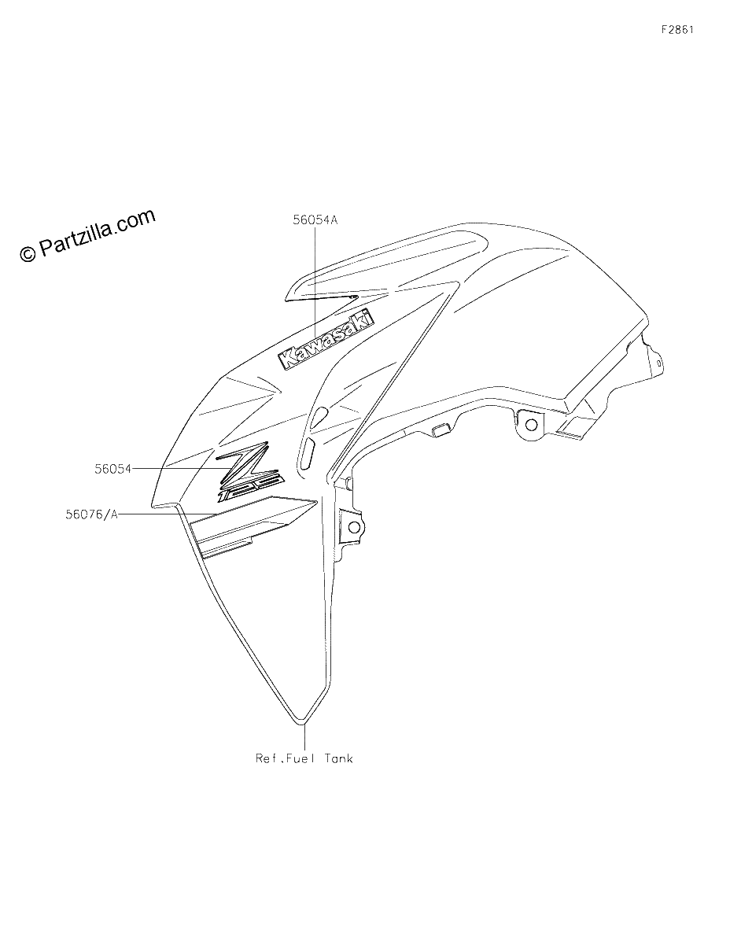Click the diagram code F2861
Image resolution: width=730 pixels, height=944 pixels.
click(677, 30)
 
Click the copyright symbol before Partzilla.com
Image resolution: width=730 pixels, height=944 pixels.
click(28, 254)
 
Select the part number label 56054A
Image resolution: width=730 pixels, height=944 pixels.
click(315, 219)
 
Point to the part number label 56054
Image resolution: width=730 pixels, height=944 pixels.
click(113, 469)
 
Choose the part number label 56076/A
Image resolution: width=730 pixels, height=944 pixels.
click(91, 514)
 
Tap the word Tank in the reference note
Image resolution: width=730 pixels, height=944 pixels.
click(338, 758)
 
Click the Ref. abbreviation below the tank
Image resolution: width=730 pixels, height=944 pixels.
click(269, 758)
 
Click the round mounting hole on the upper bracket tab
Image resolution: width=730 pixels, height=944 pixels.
click(531, 424)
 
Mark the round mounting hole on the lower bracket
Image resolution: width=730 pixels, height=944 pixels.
click(354, 527)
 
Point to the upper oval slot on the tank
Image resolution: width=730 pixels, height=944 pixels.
click(319, 415)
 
